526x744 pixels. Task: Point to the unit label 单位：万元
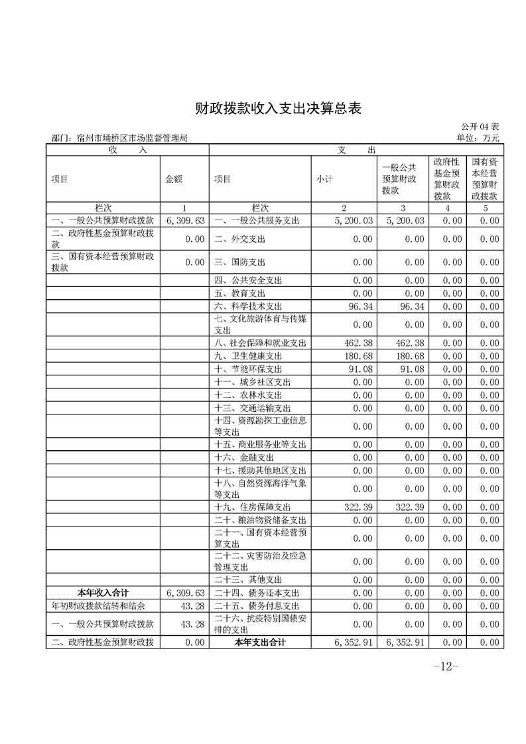point(478,138)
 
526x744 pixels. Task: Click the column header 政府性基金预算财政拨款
point(447,179)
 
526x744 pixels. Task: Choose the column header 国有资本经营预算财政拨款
point(486,179)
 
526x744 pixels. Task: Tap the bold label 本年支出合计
point(259,642)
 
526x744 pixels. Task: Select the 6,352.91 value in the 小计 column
point(348,642)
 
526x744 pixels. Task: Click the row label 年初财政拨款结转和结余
point(98,605)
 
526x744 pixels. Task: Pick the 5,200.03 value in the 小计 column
point(348,220)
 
